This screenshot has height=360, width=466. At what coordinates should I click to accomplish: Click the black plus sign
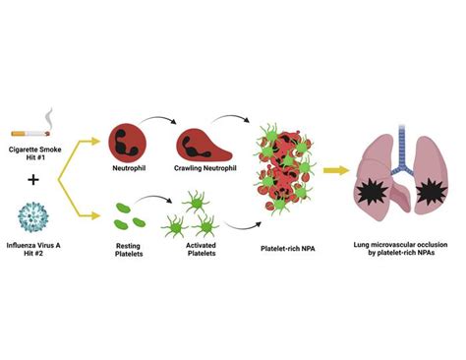35,180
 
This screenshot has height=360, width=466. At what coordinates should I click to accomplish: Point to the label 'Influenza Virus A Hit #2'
36,253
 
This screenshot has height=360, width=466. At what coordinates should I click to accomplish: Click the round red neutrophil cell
128,145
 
